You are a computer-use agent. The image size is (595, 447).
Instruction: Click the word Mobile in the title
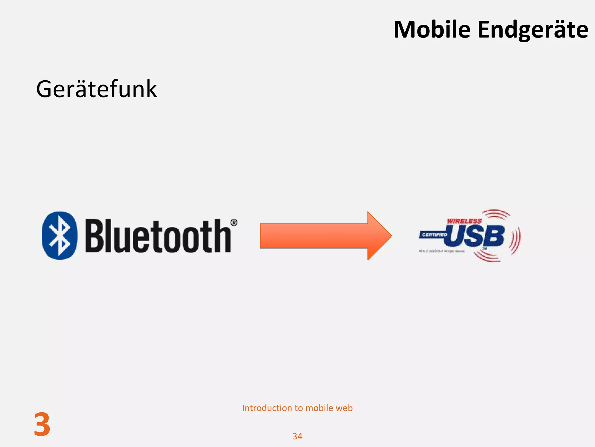click(x=432, y=30)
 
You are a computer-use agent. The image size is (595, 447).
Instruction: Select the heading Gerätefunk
click(x=96, y=89)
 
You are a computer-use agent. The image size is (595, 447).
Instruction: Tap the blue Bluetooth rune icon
click(x=60, y=235)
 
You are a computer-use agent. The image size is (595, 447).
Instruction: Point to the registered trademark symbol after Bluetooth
click(x=234, y=223)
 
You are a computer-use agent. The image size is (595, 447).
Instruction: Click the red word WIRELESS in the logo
click(x=464, y=221)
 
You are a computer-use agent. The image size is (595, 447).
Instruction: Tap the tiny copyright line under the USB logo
click(x=441, y=251)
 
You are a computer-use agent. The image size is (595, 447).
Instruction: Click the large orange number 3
click(x=42, y=425)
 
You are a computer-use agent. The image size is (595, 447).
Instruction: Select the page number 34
click(x=297, y=436)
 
